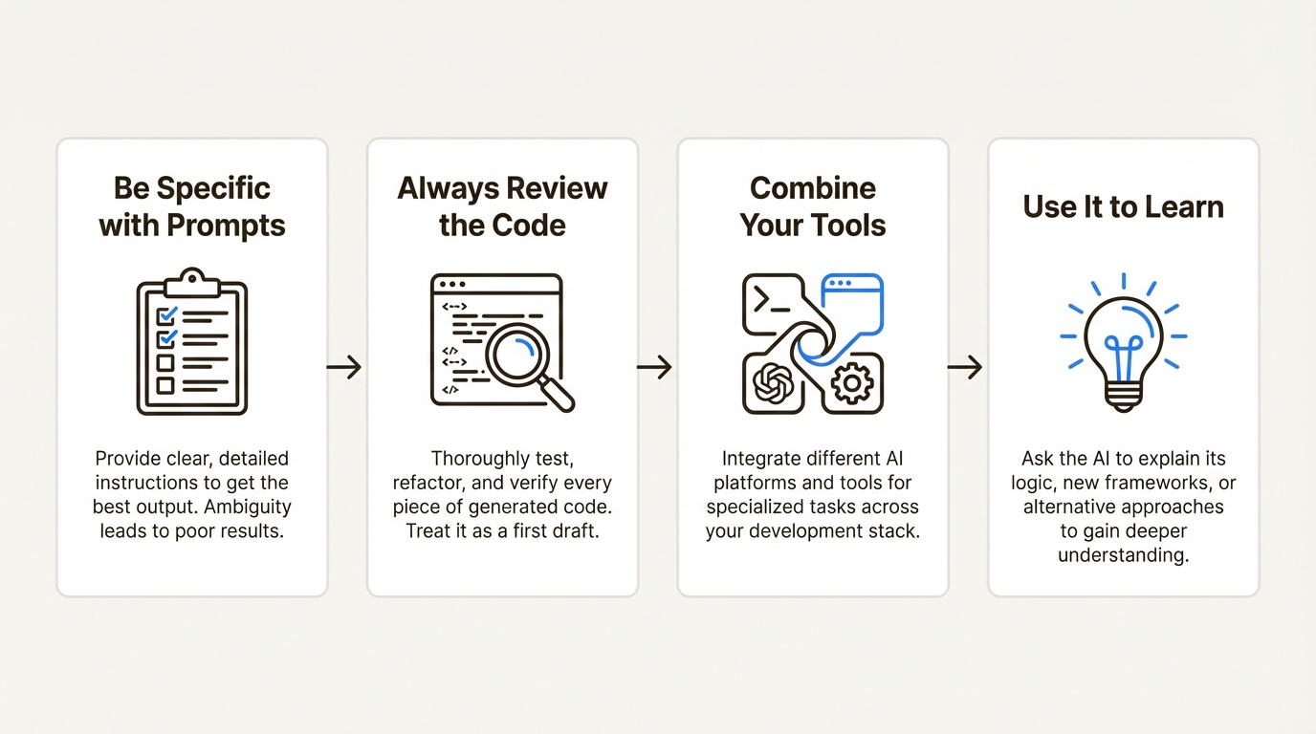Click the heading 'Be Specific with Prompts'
(x=192, y=206)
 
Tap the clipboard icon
(x=192, y=343)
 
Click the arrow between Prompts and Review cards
(x=344, y=367)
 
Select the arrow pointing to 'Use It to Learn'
(x=965, y=367)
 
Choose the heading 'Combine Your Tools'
(x=813, y=206)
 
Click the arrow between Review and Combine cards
(x=655, y=367)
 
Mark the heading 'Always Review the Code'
(x=502, y=206)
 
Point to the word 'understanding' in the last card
(x=1123, y=554)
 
